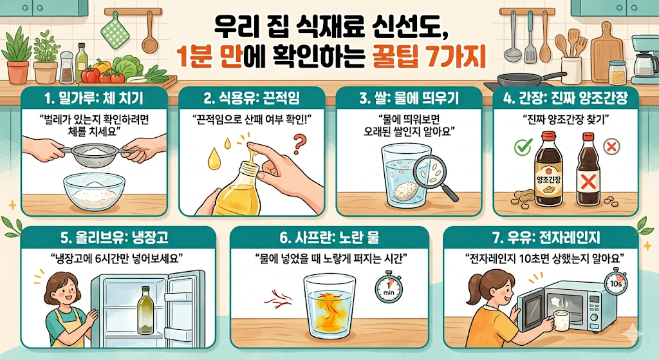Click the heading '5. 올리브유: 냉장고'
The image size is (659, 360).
click(106, 238)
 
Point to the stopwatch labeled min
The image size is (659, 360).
click(387, 285)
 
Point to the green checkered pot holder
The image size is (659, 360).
click(114, 30)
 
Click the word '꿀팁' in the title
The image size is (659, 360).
click(396, 61)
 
